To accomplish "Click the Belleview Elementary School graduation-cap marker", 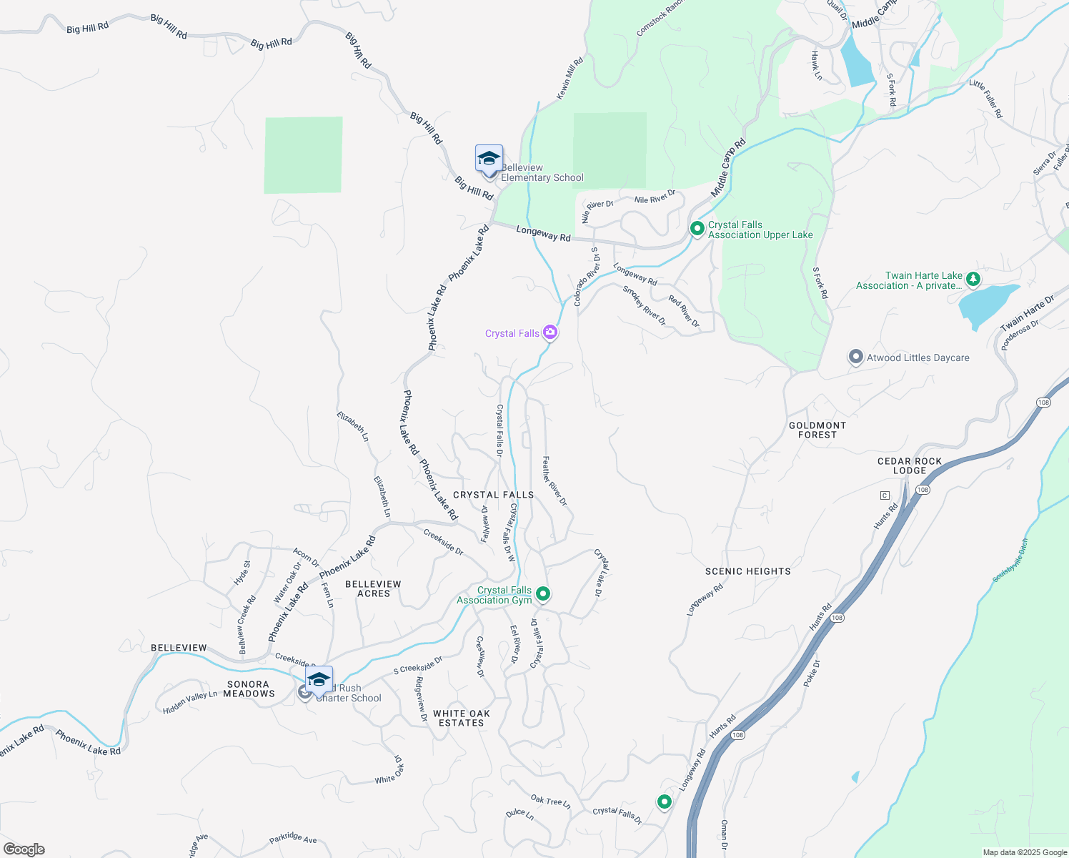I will pyautogui.click(x=489, y=159).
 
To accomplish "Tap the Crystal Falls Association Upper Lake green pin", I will pyautogui.click(x=697, y=229).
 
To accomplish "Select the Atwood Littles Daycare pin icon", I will pyautogui.click(x=856, y=357).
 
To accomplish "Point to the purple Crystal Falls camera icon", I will pyautogui.click(x=550, y=332).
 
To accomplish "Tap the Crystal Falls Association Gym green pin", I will pyautogui.click(x=543, y=594).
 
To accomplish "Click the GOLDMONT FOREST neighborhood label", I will pyautogui.click(x=817, y=430).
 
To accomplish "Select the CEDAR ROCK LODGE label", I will pyautogui.click(x=910, y=465).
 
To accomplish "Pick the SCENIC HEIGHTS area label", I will pyautogui.click(x=747, y=571).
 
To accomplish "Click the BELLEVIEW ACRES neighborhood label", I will pyautogui.click(x=373, y=588).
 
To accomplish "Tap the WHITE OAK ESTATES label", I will pyautogui.click(x=462, y=718).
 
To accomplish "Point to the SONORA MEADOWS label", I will pyautogui.click(x=249, y=689).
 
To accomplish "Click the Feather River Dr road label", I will pyautogui.click(x=554, y=481).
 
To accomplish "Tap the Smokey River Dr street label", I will pyautogui.click(x=644, y=306).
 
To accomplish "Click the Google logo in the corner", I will pyautogui.click(x=24, y=849).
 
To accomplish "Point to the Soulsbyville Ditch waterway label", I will pyautogui.click(x=1010, y=561).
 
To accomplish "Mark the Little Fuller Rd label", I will pyautogui.click(x=986, y=99).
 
